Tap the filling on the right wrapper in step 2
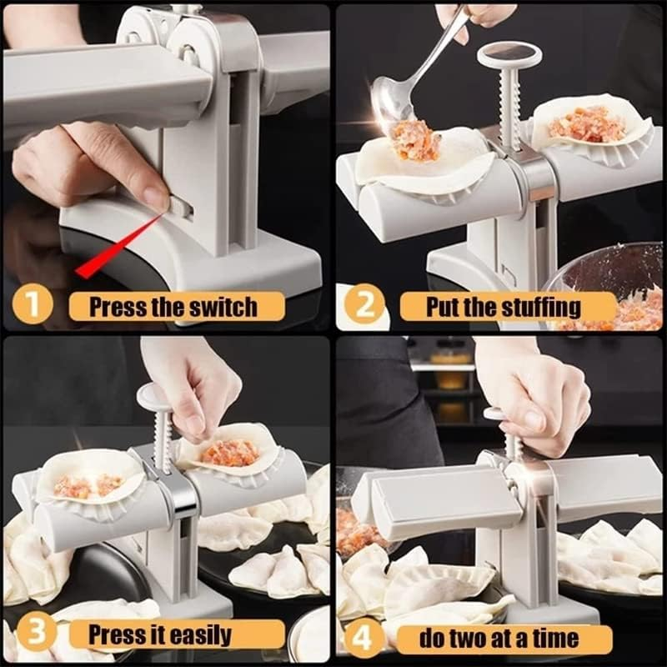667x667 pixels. coord(587,123)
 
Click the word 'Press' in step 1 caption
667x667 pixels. coord(116,306)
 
